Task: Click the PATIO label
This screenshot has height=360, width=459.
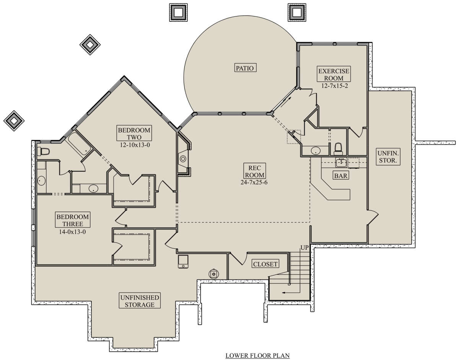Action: (245, 68)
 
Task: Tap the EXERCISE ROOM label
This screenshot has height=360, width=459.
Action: (334, 74)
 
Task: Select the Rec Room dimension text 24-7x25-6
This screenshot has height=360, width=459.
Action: (254, 182)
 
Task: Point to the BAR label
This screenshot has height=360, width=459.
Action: (341, 176)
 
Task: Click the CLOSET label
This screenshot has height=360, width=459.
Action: (265, 264)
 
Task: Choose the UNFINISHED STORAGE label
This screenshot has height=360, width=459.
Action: (140, 301)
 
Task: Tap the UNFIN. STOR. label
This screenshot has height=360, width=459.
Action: (388, 157)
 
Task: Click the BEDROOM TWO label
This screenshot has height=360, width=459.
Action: (134, 133)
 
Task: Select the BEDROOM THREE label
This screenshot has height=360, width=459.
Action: (73, 220)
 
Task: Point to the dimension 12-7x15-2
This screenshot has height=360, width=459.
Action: (335, 86)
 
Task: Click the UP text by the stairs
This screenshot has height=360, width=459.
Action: (304, 248)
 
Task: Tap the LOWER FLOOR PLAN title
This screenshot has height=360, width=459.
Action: (257, 355)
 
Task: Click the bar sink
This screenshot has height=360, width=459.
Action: (341, 163)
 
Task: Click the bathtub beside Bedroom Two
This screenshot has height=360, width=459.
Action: (78, 144)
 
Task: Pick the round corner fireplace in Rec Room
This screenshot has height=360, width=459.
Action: (183, 158)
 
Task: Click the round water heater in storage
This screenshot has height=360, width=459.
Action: (214, 274)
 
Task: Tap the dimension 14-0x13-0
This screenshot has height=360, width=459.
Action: (72, 232)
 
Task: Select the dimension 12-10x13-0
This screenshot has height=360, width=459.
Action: (135, 145)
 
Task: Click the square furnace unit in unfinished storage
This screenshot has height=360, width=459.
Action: (183, 262)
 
